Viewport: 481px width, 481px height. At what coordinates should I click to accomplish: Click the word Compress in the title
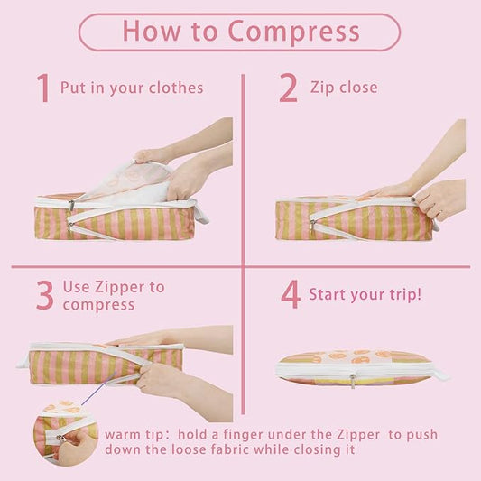click(293, 32)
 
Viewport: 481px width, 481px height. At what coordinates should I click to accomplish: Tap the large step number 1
click(43, 88)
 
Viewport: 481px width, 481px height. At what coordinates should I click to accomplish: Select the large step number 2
click(288, 88)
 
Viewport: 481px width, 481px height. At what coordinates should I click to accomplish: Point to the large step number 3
click(45, 295)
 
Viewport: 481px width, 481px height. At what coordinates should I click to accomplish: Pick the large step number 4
click(291, 294)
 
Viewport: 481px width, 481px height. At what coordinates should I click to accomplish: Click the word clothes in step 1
click(176, 88)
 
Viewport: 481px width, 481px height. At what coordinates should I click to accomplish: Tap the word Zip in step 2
click(322, 88)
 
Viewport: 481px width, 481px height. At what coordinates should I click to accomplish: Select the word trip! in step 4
click(405, 294)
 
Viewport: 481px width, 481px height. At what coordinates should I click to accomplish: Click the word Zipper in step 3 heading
click(120, 288)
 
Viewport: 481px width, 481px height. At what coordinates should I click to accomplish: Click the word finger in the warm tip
click(243, 435)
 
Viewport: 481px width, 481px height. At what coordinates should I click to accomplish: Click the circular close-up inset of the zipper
click(66, 432)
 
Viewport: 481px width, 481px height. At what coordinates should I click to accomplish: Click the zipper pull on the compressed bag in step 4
click(353, 382)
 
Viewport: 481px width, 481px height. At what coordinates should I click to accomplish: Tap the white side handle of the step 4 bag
click(439, 374)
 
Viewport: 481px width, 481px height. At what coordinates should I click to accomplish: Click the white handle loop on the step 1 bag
click(201, 213)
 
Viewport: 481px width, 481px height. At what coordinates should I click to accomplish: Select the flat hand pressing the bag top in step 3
click(144, 339)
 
